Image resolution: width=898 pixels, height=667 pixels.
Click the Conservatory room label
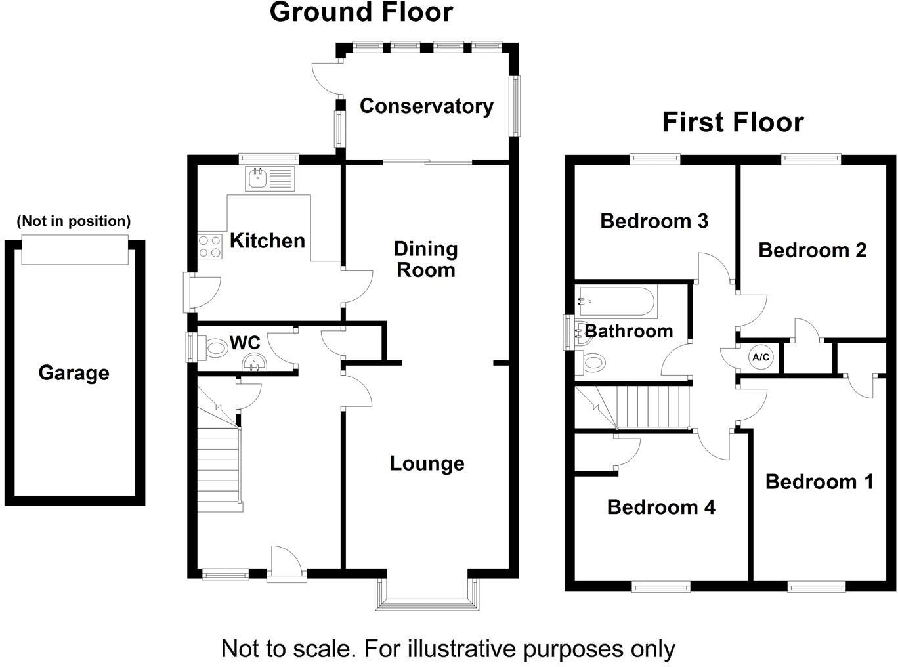coord(426,106)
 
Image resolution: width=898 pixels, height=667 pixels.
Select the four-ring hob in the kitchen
coord(210,246)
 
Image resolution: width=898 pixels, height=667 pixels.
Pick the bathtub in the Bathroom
coord(615,302)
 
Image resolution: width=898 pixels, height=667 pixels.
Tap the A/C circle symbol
coord(761,357)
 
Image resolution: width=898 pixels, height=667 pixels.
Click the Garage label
coord(74,372)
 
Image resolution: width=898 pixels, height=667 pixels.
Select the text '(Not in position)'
coord(74,221)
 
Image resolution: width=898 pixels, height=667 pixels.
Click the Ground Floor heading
coord(361,12)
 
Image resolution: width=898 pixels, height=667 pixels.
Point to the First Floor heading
coord(733,122)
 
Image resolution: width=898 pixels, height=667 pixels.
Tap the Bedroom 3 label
coord(654,221)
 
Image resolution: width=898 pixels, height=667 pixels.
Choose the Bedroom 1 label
coord(819,481)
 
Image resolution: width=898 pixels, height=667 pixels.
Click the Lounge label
coord(427,463)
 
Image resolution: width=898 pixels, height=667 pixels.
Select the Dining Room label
coord(425,259)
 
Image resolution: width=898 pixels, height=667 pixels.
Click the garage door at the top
coord(74,249)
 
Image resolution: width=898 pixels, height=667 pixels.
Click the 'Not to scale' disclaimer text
coord(448,649)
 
